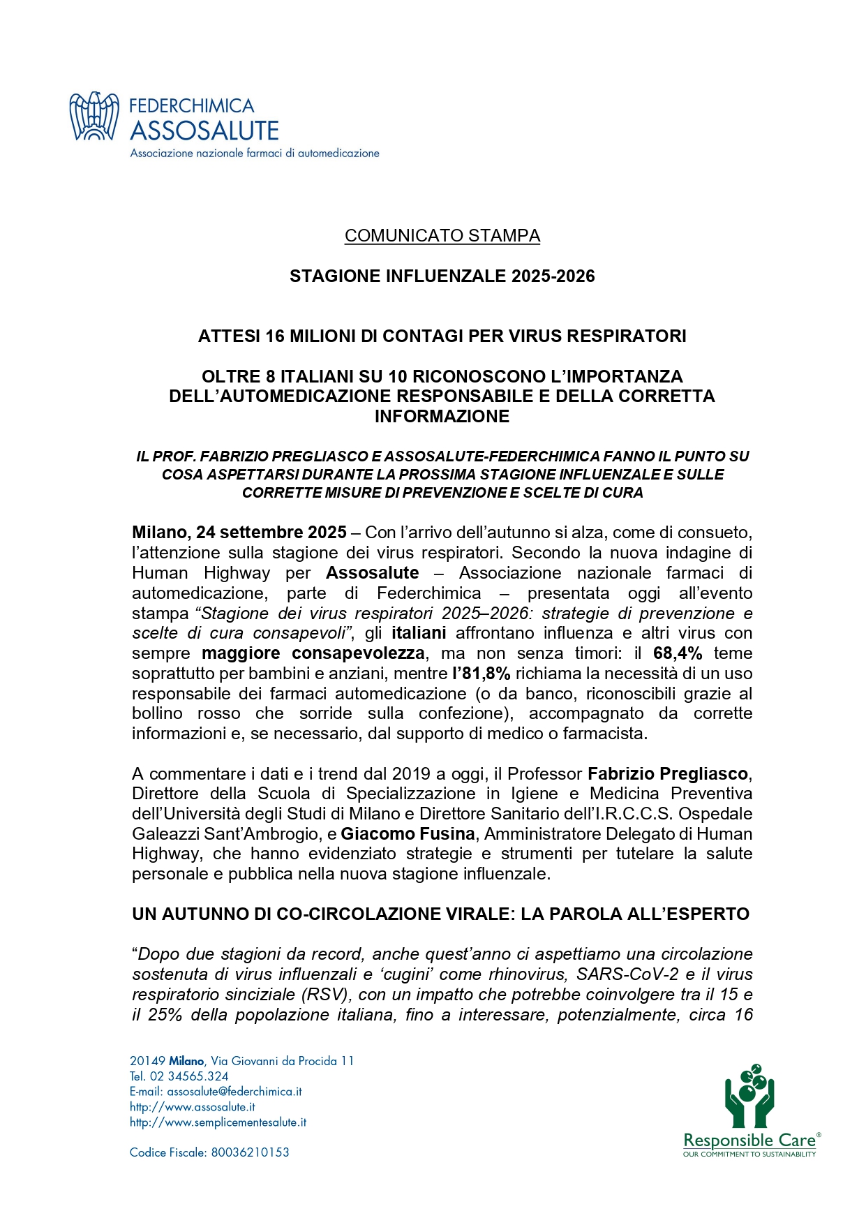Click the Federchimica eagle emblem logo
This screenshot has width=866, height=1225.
pyautogui.click(x=94, y=116)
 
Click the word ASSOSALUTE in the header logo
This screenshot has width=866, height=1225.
pyautogui.click(x=204, y=131)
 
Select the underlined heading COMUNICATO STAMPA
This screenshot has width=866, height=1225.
pyautogui.click(x=442, y=236)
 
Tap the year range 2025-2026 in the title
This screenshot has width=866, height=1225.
pyautogui.click(x=553, y=276)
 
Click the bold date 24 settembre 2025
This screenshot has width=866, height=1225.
pyautogui.click(x=271, y=533)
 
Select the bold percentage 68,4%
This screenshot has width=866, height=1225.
pyautogui.click(x=678, y=653)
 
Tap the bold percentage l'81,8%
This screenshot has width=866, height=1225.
pyautogui.click(x=481, y=674)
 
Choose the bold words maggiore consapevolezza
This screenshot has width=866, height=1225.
pyautogui.click(x=313, y=653)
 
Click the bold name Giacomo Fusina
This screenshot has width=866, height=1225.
pyautogui.click(x=408, y=834)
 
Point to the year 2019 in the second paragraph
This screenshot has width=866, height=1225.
pyautogui.click(x=411, y=774)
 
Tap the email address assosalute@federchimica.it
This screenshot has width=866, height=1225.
pyautogui.click(x=234, y=1092)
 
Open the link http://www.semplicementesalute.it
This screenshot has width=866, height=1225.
pyautogui.click(x=218, y=1122)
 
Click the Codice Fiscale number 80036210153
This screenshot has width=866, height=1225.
pyautogui.click(x=250, y=1152)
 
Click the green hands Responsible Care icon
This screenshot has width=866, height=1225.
pyautogui.click(x=749, y=1097)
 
